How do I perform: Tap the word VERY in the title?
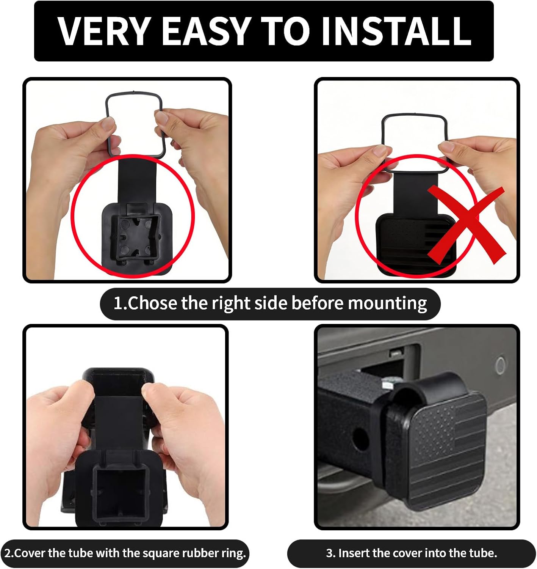104,31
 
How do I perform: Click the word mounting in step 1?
387,304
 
